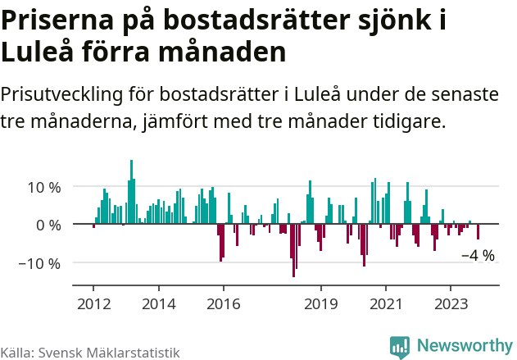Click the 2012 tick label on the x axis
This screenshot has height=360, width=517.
pos(93,303)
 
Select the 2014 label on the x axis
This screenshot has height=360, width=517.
pos(159,303)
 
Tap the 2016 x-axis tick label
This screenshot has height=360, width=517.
pos(224,303)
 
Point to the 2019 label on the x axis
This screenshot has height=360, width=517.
pos(321,303)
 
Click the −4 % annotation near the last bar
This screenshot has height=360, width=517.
pos(478,256)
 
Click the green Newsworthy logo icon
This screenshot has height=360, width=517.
pos(400,346)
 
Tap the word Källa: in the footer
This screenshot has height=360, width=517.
pos(16,353)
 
